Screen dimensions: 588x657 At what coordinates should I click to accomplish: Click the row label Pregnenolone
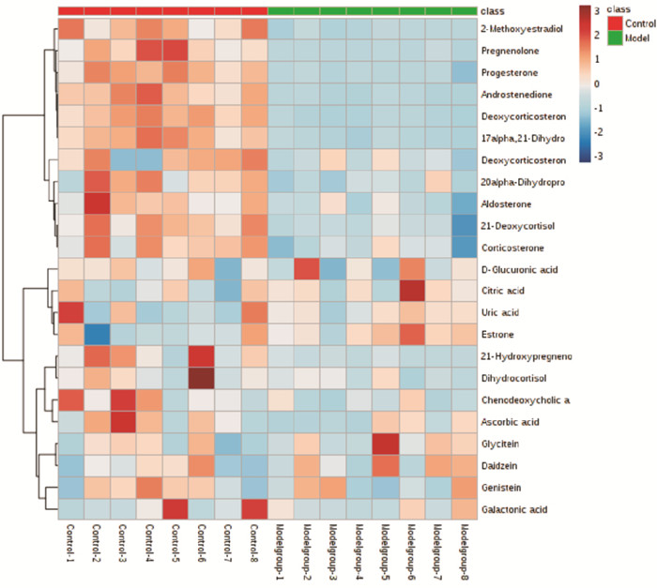click(x=516, y=50)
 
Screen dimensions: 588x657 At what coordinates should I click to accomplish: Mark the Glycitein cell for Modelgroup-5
click(x=387, y=444)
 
